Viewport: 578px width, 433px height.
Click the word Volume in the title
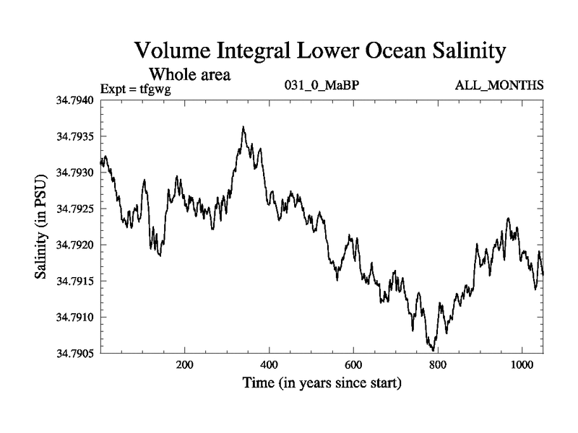click(173, 51)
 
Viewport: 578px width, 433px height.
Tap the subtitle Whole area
click(189, 74)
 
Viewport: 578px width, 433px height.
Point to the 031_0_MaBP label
click(323, 86)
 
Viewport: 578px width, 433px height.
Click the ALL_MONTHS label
click(499, 86)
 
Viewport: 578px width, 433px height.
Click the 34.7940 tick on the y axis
click(75, 101)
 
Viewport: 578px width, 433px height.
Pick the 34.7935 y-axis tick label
click(75, 137)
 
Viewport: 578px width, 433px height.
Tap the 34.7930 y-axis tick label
click(75, 173)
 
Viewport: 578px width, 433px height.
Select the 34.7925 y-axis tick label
click(75, 209)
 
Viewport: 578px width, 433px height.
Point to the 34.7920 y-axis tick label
click(75, 245)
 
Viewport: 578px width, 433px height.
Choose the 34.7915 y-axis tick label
click(75, 281)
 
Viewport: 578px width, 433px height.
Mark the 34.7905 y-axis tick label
click(75, 354)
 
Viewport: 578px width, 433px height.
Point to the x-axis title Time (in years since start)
click(322, 382)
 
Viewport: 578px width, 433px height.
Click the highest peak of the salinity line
click(243, 127)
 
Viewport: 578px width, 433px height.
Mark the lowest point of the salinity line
click(431, 349)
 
